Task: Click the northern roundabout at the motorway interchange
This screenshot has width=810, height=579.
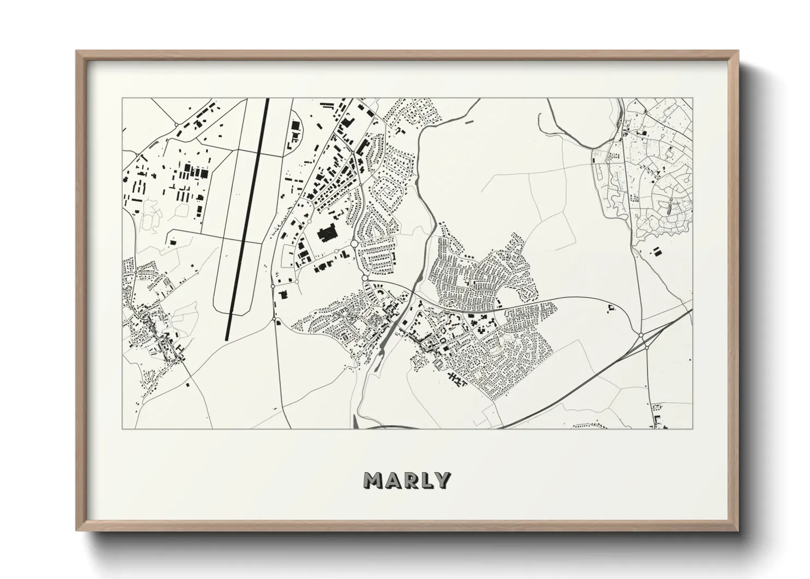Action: (x=640, y=335)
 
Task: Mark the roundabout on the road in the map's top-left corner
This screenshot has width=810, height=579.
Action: (x=176, y=125)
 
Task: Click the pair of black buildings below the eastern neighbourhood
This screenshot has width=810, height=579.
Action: (x=656, y=252)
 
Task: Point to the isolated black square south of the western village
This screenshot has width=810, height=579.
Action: (x=187, y=384)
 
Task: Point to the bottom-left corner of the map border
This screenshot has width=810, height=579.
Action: (x=122, y=428)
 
